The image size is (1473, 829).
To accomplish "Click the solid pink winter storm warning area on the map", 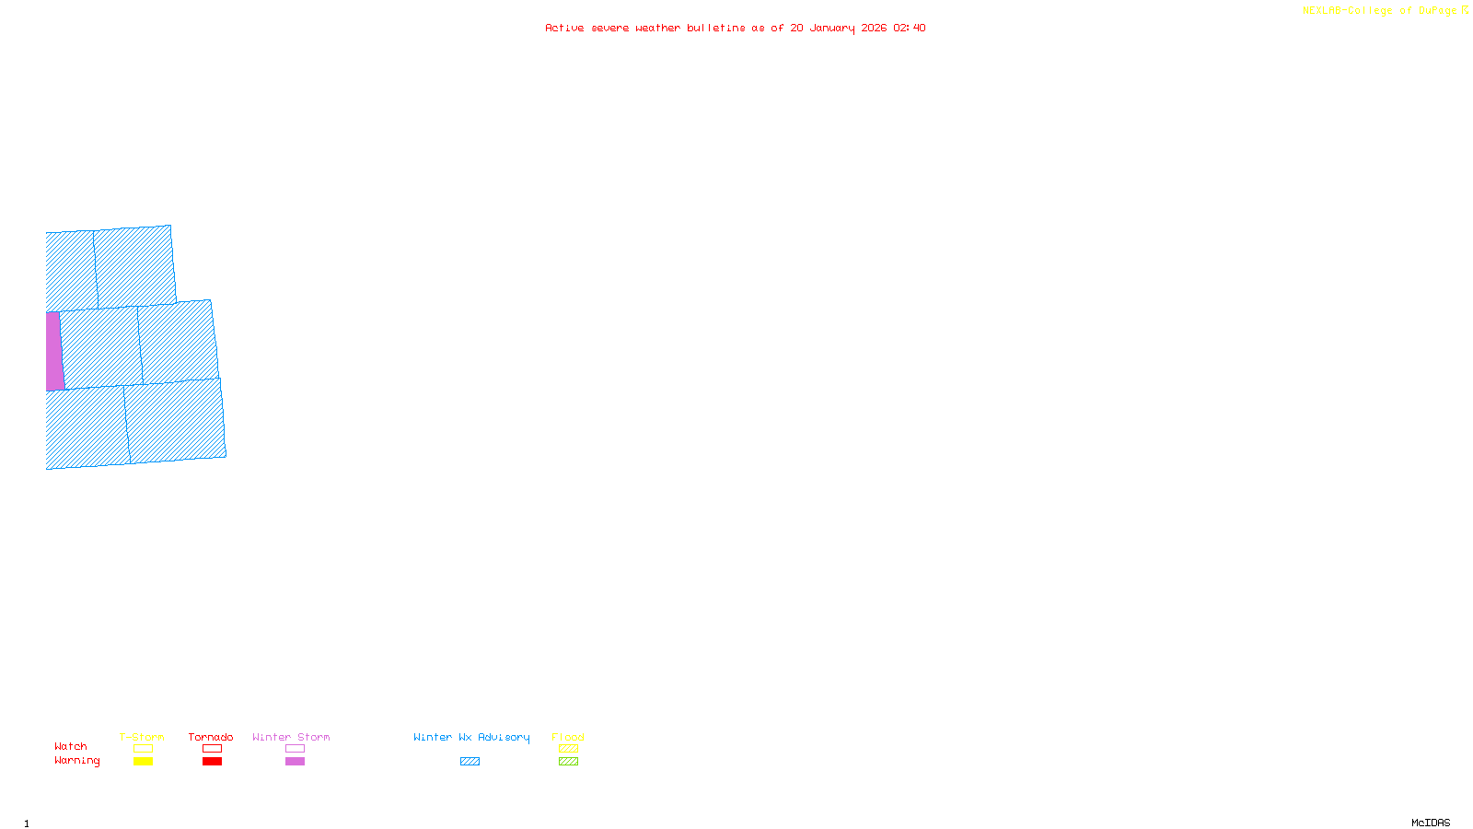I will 54,351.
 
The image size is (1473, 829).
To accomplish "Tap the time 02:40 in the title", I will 909,28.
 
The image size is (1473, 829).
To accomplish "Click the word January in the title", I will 831,28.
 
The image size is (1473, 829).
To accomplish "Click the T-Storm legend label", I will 142,737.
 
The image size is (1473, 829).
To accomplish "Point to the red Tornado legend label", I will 211,737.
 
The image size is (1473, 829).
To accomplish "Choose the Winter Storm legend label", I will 291,737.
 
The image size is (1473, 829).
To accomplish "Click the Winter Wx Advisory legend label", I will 471,737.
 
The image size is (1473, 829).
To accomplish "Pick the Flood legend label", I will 568,737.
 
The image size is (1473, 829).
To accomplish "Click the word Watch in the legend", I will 71,746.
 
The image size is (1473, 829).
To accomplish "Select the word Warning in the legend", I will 76,761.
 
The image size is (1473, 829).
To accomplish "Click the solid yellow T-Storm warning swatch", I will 143,762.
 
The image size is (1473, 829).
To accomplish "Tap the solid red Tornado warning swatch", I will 212,762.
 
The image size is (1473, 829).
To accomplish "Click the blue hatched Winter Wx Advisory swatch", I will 470,762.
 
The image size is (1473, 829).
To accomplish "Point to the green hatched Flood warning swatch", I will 568,762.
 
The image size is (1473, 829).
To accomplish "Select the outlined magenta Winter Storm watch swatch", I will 295,749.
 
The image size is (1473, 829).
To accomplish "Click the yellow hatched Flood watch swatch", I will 568,749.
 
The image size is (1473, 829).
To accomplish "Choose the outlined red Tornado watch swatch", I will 212,749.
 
